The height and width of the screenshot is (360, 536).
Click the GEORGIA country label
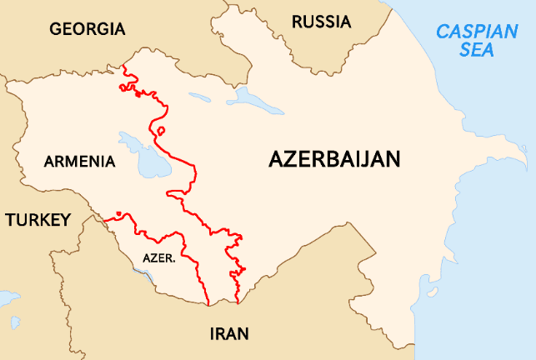pyautogui.click(x=87, y=29)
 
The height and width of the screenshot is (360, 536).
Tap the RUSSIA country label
pyautogui.click(x=322, y=22)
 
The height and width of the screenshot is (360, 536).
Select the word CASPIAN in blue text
pyautogui.click(x=477, y=32)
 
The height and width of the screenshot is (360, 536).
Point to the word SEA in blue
pyautogui.click(x=477, y=51)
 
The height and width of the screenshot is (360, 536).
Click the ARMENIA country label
pyautogui.click(x=80, y=161)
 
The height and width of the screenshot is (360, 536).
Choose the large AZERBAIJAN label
pyautogui.click(x=335, y=159)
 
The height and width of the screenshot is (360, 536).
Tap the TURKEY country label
pyautogui.click(x=38, y=220)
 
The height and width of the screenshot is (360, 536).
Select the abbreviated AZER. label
pyautogui.click(x=158, y=258)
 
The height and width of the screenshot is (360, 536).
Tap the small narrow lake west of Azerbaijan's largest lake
pyautogui.click(x=199, y=96)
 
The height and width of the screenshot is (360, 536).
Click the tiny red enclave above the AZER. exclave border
pyautogui.click(x=119, y=214)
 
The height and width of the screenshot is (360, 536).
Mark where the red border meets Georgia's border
pyautogui.click(x=123, y=66)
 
